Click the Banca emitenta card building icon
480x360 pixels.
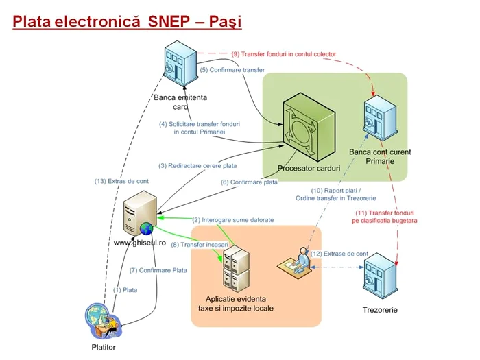[x=180, y=63]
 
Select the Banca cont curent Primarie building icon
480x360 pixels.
[x=381, y=117]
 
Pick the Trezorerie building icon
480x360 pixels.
[x=381, y=276]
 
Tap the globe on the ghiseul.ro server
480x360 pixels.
[x=146, y=228]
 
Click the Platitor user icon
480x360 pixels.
[x=103, y=321]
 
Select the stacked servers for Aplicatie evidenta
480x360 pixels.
[x=236, y=270]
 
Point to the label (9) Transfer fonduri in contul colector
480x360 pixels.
[x=283, y=54]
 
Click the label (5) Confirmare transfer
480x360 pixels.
[x=232, y=70]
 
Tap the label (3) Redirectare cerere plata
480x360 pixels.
[x=197, y=166]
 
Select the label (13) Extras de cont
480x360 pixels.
[x=121, y=181]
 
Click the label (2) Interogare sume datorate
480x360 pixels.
[x=233, y=220]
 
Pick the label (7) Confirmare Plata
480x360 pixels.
[x=158, y=270]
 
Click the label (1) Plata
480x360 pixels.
[x=125, y=290]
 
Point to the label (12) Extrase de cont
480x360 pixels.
[x=339, y=254]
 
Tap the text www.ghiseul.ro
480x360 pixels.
[x=140, y=243]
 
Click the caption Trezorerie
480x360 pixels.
[x=380, y=310]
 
